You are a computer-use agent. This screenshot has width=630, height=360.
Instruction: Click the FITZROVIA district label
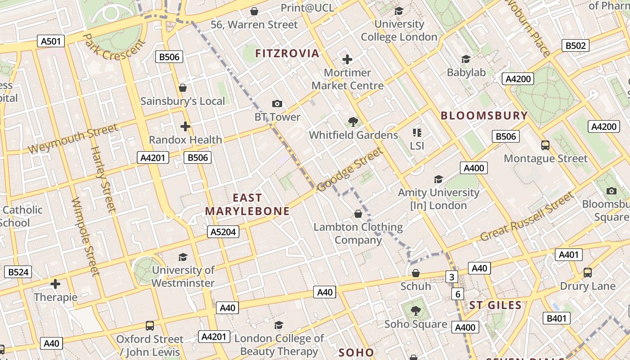pyautogui.click(x=287, y=54)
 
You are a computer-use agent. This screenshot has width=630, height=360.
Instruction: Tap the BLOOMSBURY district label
pyautogui.click(x=484, y=116)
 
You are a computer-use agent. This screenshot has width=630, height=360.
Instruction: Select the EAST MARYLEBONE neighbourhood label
pyautogui.click(x=247, y=204)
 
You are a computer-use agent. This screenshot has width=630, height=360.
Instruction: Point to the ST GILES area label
pyautogui.click(x=495, y=306)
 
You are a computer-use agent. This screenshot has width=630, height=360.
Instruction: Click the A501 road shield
pyautogui.click(x=50, y=41)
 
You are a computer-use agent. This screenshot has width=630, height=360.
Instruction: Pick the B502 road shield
pyautogui.click(x=576, y=45)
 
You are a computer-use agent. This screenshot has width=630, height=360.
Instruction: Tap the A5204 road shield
pyautogui.click(x=223, y=232)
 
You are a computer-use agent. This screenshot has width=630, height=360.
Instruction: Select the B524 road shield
pyautogui.click(x=18, y=272)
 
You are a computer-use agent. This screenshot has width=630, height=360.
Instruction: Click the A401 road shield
pyautogui.click(x=568, y=255)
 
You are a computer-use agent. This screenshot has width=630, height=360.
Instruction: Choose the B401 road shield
pyautogui.click(x=557, y=319)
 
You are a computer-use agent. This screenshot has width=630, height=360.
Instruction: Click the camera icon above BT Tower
pyautogui.click(x=277, y=104)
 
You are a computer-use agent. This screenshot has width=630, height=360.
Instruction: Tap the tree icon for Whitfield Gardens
pyautogui.click(x=353, y=121)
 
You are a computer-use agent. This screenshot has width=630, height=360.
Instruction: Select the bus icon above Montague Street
pyautogui.click(x=545, y=145)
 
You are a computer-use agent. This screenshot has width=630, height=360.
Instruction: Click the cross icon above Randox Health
pyautogui.click(x=185, y=126)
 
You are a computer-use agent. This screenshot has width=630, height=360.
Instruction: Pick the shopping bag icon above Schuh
pyautogui.click(x=416, y=273)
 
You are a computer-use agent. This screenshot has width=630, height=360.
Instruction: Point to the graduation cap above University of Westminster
pyautogui.click(x=183, y=257)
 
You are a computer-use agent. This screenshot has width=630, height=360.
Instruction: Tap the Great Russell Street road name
pyautogui.click(x=527, y=217)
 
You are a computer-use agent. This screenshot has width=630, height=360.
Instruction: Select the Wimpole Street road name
pyautogui.click(x=85, y=236)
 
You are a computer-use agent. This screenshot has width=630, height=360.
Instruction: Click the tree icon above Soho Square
pyautogui.click(x=416, y=310)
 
